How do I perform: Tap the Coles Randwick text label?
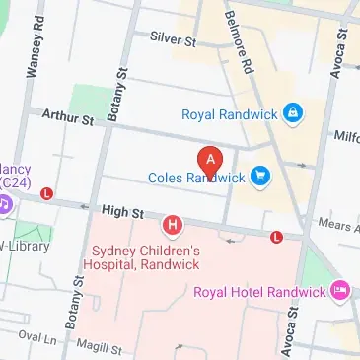[x=195, y=178]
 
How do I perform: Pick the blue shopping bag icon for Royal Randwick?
[x=291, y=114]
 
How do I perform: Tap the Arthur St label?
[x=66, y=118]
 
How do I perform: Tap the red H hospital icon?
[x=175, y=228]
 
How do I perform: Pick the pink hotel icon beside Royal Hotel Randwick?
[x=341, y=291]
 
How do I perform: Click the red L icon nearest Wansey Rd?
[x=46, y=195]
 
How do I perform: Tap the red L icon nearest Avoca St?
[x=277, y=237]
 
